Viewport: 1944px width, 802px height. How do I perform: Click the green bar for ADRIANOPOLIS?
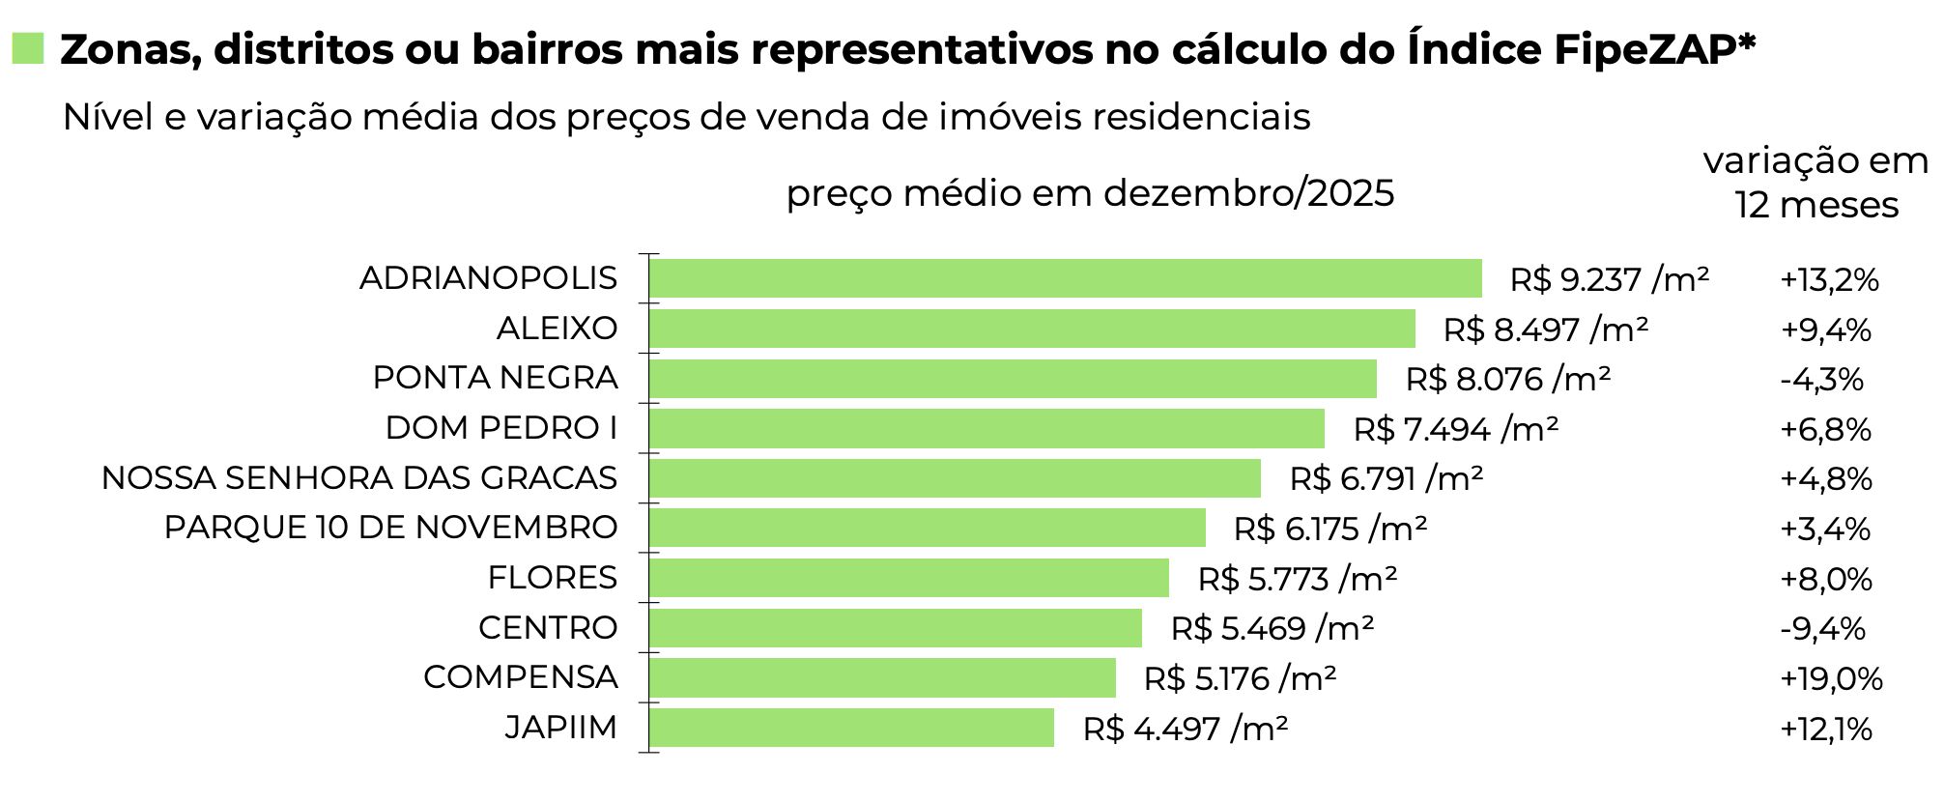click(x=1065, y=278)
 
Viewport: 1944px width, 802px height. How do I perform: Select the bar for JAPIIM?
click(x=851, y=728)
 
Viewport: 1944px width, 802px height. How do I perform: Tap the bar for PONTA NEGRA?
click(x=1013, y=379)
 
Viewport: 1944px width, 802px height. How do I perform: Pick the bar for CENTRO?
click(x=895, y=628)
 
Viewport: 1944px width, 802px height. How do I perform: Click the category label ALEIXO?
click(x=557, y=329)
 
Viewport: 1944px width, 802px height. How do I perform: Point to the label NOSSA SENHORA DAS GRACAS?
click(x=359, y=478)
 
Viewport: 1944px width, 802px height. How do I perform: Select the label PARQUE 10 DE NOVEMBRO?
click(x=390, y=528)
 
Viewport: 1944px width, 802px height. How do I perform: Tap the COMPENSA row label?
click(x=520, y=677)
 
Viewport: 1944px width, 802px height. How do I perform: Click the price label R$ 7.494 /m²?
click(x=1455, y=429)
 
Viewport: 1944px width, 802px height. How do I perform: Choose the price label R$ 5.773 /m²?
click(x=1297, y=579)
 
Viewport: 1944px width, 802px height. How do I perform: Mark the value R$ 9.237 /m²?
click(x=1609, y=280)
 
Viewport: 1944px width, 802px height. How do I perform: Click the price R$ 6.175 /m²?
click(x=1329, y=529)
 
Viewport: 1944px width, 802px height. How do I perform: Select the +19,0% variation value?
click(x=1831, y=678)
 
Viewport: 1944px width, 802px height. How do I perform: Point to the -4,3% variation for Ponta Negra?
click(x=1820, y=380)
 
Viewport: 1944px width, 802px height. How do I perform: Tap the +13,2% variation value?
click(x=1829, y=280)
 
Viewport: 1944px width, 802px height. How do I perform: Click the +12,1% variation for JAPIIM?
click(x=1825, y=729)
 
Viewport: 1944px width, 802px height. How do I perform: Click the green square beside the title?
click(x=28, y=48)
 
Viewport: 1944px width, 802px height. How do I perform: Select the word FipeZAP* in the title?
click(x=1654, y=49)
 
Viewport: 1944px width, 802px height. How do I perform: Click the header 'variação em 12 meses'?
click(x=1815, y=183)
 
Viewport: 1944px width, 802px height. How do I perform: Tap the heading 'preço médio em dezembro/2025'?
click(x=1090, y=193)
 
